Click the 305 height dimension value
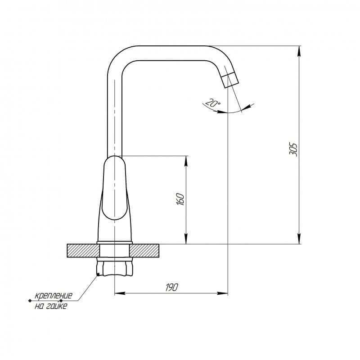point(293,149)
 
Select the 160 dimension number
point(180,199)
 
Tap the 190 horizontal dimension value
point(171,287)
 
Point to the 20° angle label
point(212,103)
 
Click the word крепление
point(53,295)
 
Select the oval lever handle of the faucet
point(114,188)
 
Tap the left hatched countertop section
point(83,251)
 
